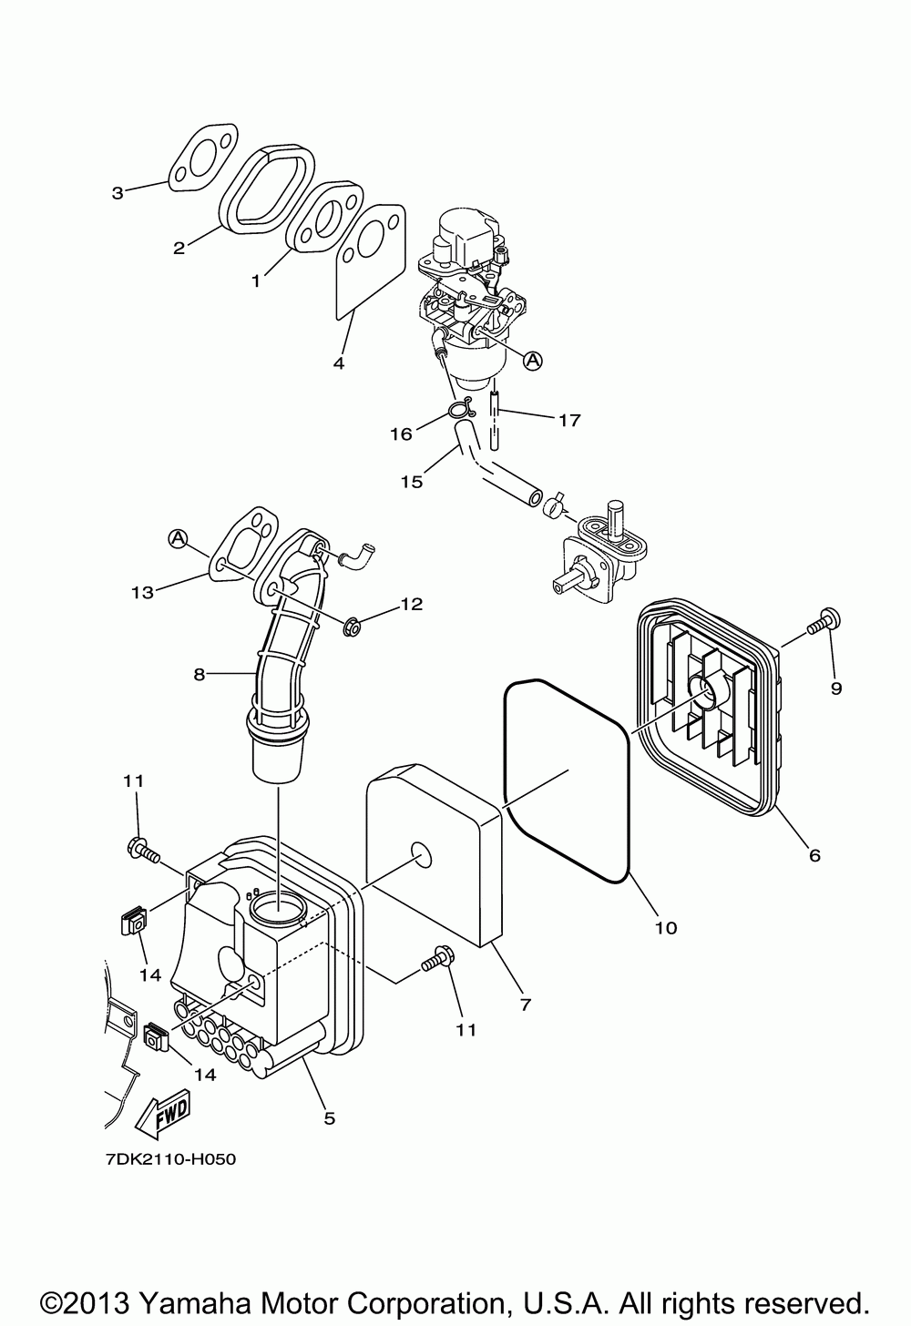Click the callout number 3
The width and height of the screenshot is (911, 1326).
118,192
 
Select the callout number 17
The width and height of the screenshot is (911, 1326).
569,420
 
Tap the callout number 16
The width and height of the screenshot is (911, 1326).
401,434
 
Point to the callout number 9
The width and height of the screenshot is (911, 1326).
835,688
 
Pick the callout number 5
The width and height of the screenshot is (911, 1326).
329,1117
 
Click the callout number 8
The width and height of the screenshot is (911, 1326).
199,675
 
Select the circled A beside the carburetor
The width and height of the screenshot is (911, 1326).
532,361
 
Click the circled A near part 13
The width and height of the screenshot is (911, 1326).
177,540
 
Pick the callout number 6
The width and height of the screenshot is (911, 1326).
814,854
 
